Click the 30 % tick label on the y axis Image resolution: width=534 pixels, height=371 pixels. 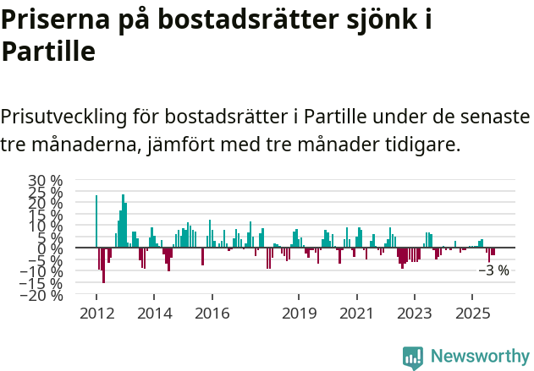point(45,181)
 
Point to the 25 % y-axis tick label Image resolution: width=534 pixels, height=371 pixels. point(45,192)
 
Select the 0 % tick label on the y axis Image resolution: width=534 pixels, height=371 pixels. point(51,249)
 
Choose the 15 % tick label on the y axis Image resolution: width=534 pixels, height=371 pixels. point(45,215)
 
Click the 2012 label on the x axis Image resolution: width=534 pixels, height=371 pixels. point(96,314)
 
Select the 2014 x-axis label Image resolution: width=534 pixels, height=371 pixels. point(153,314)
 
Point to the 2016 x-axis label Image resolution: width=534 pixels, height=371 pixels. point(212,314)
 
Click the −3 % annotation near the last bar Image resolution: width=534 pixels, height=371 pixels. point(494,271)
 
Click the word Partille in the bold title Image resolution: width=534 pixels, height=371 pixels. point(47,52)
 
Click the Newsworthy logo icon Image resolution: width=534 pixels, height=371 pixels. point(413,357)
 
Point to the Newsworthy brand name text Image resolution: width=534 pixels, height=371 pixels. point(479,357)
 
